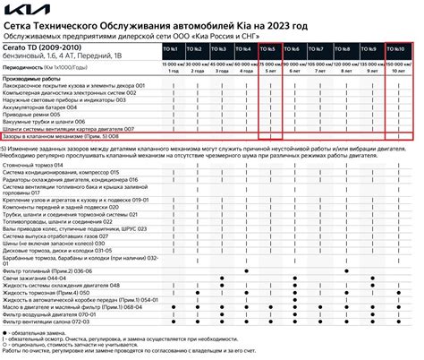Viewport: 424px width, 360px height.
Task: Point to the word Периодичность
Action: (x=23, y=67)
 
